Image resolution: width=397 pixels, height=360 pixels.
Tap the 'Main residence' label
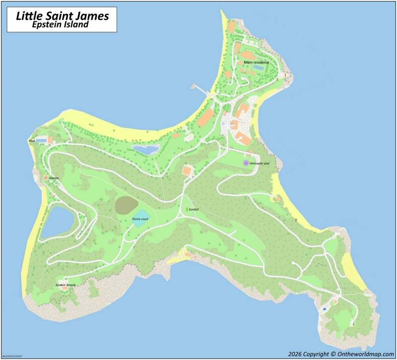(x=256, y=62)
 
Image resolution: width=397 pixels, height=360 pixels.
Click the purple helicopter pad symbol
(x=246, y=163)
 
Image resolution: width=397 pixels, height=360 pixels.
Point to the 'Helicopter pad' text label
(x=263, y=163)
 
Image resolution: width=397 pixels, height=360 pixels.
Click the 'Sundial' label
(x=194, y=210)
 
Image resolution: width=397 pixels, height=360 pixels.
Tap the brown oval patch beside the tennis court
(x=127, y=205)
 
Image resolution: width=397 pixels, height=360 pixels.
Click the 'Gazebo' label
(x=54, y=178)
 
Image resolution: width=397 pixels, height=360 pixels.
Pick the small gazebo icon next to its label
(x=46, y=178)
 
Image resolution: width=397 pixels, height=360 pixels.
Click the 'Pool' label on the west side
(x=32, y=141)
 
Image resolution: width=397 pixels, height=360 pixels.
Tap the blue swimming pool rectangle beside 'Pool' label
(x=42, y=141)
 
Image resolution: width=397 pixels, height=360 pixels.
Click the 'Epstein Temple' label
(x=66, y=285)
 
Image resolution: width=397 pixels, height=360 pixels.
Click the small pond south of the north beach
(x=146, y=148)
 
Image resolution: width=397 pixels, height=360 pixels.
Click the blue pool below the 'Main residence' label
(x=259, y=67)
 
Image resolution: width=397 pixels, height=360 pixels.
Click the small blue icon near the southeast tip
(x=325, y=308)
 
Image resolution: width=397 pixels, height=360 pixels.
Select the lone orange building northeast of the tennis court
(x=187, y=171)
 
